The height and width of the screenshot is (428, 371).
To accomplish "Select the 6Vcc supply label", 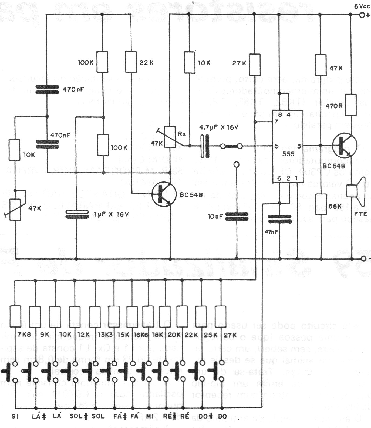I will [362, 6].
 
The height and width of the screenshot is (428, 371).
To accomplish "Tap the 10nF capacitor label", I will [215, 216].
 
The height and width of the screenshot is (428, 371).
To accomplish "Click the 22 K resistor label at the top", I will [147, 63].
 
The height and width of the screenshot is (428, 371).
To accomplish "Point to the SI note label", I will [15, 416].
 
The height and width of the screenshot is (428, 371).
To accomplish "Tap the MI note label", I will [150, 416].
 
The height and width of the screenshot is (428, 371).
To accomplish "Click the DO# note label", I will [204, 416].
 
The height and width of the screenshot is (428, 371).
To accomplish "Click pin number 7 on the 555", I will [276, 122].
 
